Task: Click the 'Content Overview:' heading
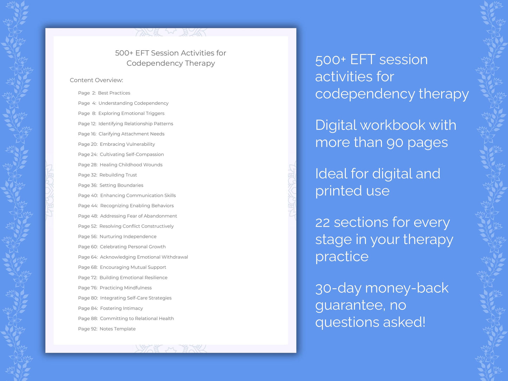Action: pos(96,80)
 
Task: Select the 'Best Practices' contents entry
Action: pos(114,93)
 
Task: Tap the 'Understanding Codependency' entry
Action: pos(133,103)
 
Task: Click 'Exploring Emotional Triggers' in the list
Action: pos(131,114)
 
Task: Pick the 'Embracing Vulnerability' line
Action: pos(127,144)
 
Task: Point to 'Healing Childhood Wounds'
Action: pos(131,165)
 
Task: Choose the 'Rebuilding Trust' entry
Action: pos(118,175)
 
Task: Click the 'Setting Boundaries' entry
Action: pos(121,185)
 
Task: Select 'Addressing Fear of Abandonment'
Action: pos(139,216)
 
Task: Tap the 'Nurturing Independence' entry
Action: pos(128,237)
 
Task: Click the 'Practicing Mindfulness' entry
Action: pos(126,288)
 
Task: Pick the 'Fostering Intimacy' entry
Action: pos(121,308)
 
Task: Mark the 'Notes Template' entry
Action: pos(117,329)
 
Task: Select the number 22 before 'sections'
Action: pos(322,222)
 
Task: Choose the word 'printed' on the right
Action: pos(339,191)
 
